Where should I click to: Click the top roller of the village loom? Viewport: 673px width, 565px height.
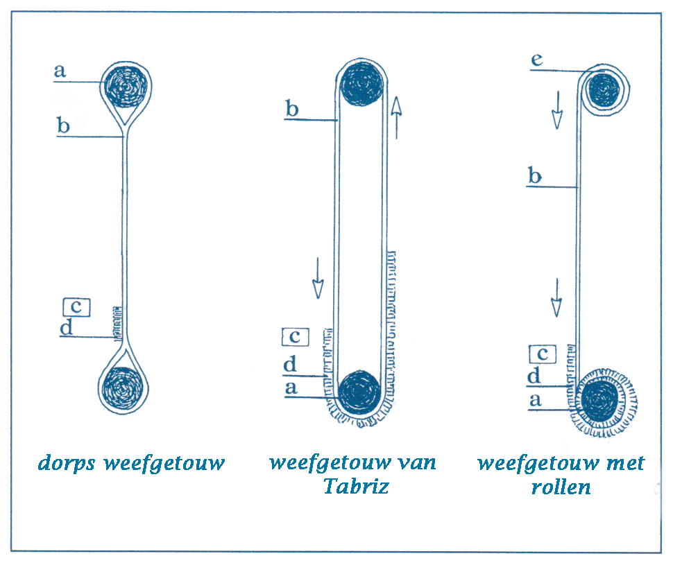tap(126, 86)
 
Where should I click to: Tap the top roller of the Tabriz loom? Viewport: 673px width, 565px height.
tap(361, 85)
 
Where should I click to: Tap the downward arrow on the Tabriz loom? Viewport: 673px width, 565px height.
tap(317, 277)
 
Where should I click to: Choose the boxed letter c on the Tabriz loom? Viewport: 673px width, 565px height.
tap(294, 337)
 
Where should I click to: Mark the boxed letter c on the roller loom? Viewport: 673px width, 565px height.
tap(543, 354)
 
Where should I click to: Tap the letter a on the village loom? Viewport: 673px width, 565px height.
tap(60, 71)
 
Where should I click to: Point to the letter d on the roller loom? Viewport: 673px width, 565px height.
tap(534, 376)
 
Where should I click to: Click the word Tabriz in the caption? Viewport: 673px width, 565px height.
tap(355, 486)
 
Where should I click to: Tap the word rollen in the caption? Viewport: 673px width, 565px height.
tap(561, 486)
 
